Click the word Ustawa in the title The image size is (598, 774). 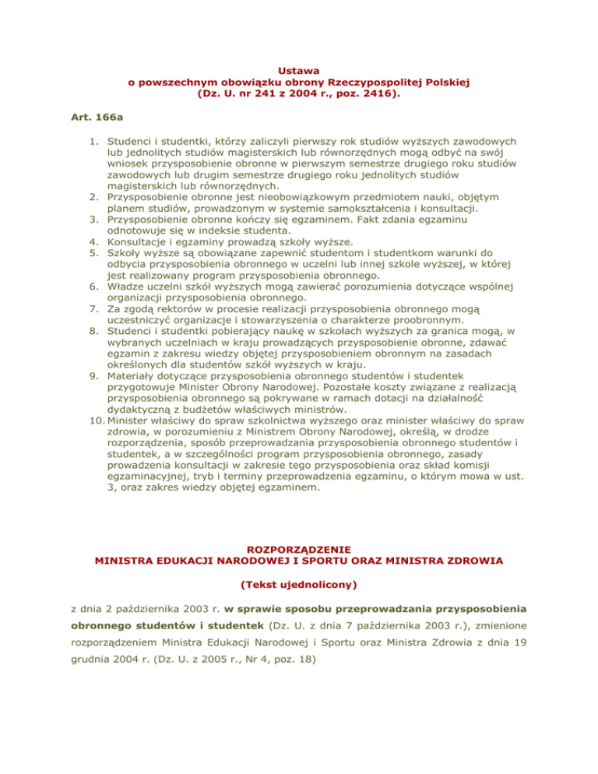tap(299, 70)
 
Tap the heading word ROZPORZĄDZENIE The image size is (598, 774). tap(299, 549)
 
